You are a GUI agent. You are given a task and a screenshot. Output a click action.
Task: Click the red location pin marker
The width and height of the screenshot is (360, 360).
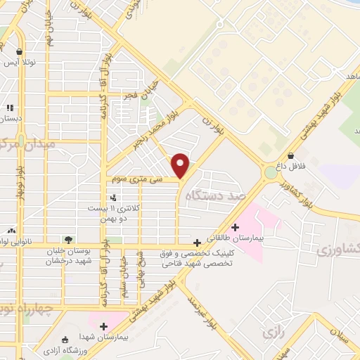(x=181, y=165)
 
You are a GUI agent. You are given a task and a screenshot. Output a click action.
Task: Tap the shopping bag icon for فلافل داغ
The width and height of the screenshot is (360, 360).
(x=290, y=156)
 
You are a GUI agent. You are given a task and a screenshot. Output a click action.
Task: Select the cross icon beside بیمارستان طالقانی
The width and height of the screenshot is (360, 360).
(x=235, y=226)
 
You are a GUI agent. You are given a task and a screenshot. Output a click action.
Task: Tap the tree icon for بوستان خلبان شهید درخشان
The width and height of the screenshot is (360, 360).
(x=67, y=239)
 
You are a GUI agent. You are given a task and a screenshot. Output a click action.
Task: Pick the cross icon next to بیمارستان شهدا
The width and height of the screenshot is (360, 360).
(x=103, y=326)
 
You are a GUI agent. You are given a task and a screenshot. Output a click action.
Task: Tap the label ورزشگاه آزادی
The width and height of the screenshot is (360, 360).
(x=70, y=349)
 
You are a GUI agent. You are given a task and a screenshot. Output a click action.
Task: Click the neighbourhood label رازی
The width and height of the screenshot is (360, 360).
(x=270, y=328)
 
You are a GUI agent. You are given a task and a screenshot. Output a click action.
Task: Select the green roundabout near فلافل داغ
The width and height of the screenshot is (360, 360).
(x=271, y=172)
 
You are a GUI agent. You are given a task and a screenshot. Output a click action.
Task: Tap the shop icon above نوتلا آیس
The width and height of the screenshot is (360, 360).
(x=18, y=52)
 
